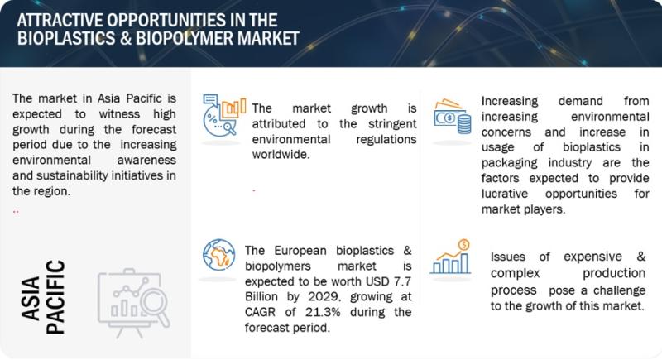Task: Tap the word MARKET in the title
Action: (268, 38)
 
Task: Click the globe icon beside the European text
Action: (218, 255)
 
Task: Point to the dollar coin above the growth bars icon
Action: (463, 245)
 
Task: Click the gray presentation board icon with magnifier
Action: (133, 302)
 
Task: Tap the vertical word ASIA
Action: (31, 298)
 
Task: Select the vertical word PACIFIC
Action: (55, 297)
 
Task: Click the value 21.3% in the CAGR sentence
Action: (322, 312)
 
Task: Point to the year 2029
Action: (324, 297)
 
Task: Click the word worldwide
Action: (281, 155)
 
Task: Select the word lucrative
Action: (505, 194)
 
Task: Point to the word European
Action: (300, 251)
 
